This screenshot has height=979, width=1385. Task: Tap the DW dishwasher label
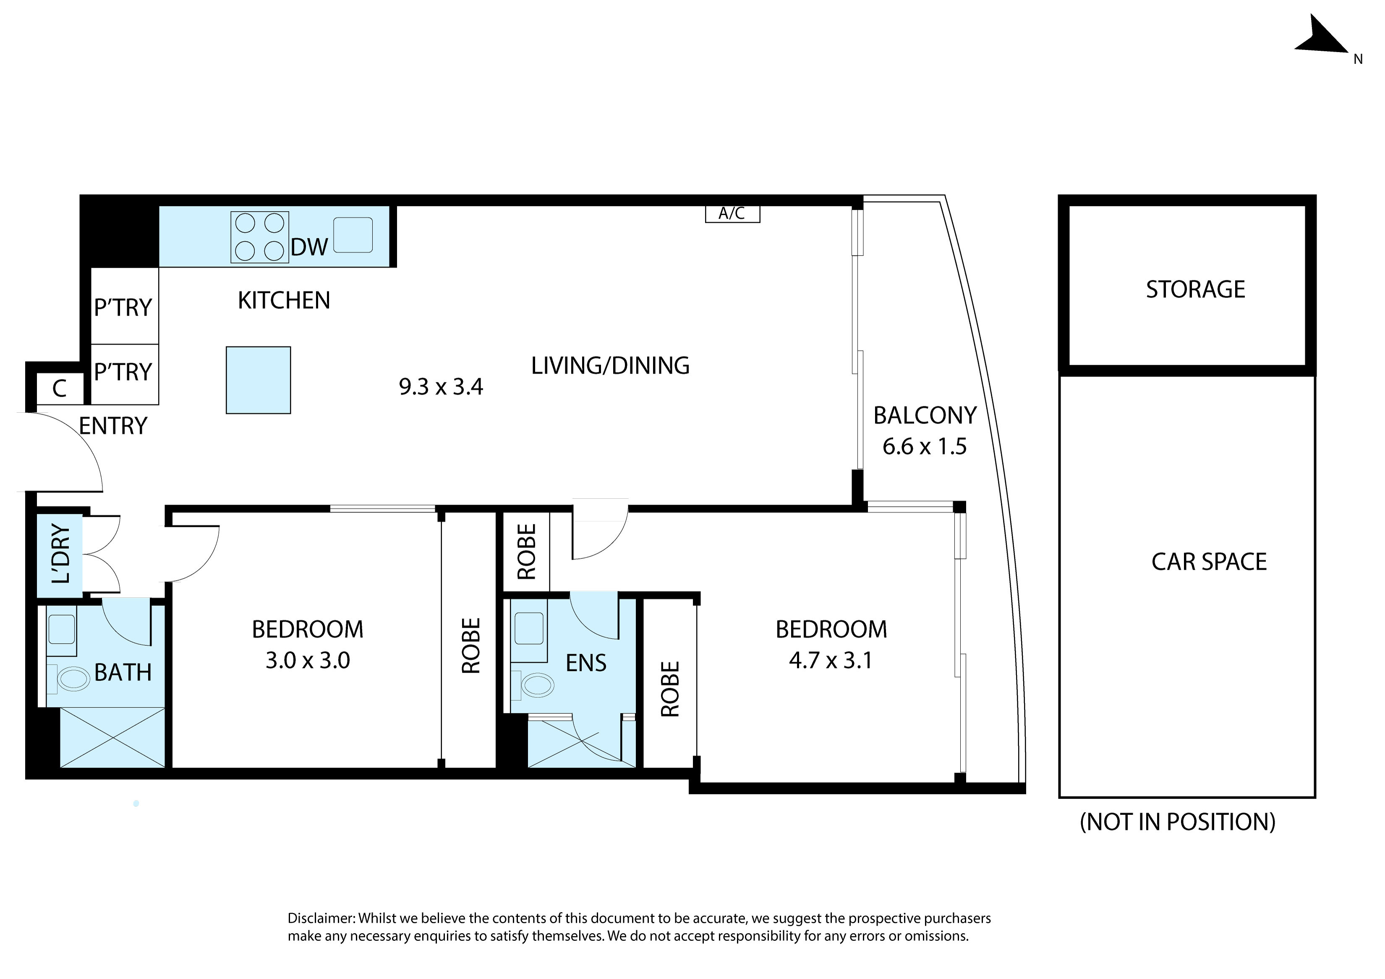click(309, 247)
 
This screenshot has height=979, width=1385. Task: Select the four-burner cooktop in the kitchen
click(259, 237)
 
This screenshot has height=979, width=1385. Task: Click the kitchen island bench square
click(258, 380)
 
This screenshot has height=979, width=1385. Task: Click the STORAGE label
click(1196, 290)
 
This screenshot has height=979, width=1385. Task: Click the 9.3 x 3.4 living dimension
click(441, 387)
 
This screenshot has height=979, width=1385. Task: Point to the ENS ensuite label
click(586, 664)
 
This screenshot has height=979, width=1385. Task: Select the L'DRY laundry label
click(61, 554)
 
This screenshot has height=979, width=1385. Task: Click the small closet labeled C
click(59, 389)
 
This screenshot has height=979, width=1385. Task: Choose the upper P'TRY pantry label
click(123, 308)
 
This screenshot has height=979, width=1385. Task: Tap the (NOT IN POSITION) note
click(1178, 822)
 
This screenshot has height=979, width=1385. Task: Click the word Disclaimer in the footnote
click(320, 918)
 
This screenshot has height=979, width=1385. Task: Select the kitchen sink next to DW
click(353, 235)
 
